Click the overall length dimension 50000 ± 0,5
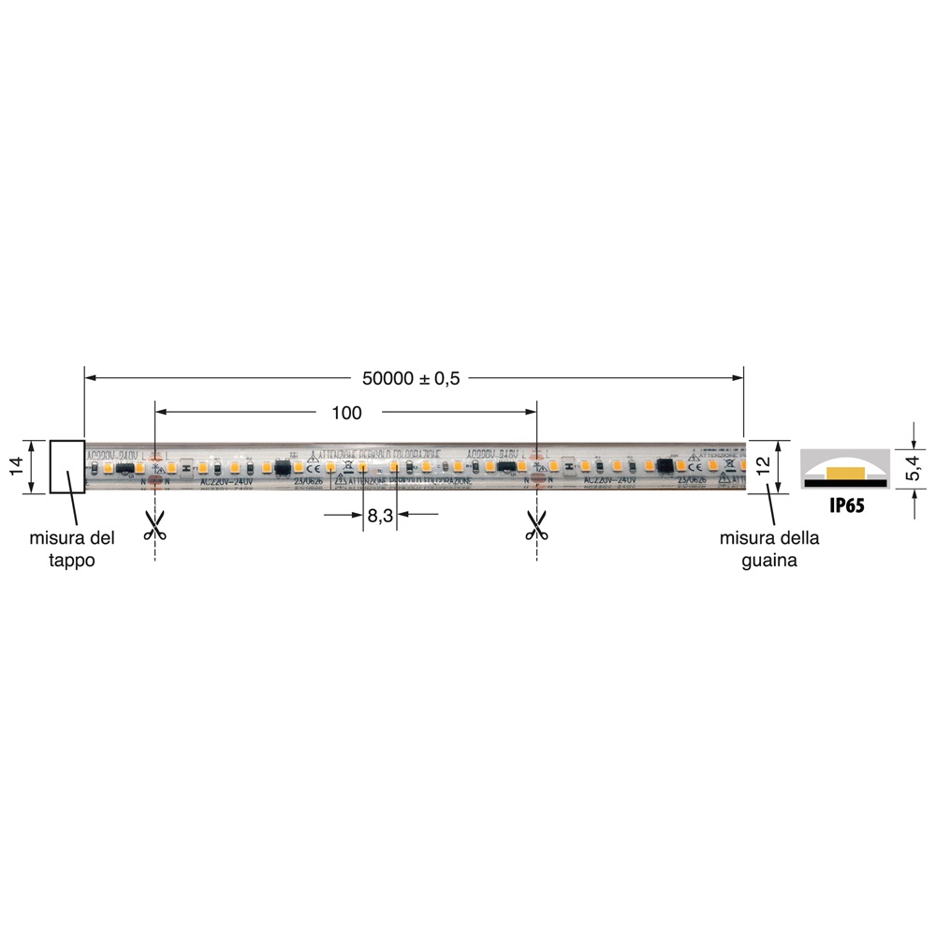pos(411,378)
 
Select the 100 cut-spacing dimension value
pos(345,412)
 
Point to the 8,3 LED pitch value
pos(380,514)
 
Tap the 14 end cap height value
pos(16,466)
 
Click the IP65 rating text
pos(846,505)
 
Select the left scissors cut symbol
pos(154,525)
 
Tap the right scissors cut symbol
pos(536,525)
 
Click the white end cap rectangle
pos(67,466)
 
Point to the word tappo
pos(72,560)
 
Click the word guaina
pos(768,560)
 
